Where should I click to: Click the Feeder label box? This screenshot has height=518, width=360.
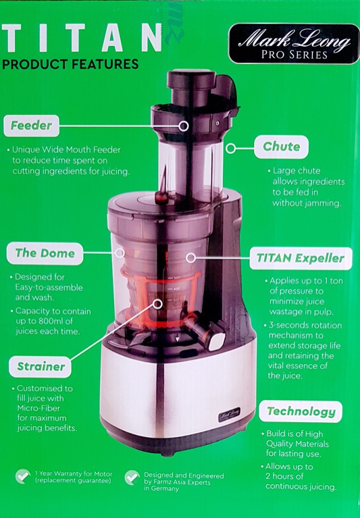[31, 126]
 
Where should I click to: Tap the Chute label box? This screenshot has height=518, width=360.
[281, 147]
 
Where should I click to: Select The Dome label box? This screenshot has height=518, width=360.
[45, 253]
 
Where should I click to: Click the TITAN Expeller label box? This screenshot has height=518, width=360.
[300, 259]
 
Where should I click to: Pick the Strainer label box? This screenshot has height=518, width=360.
[41, 367]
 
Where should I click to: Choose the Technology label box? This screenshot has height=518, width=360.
[301, 411]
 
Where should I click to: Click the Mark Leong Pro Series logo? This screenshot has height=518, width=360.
[294, 44]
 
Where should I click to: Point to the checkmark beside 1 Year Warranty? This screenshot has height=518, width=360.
[23, 476]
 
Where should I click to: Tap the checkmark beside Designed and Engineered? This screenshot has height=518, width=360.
[132, 477]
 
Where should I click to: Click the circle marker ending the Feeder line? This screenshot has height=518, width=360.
[183, 126]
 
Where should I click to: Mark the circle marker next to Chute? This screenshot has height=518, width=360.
[231, 149]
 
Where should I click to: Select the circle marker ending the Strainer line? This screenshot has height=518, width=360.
[158, 304]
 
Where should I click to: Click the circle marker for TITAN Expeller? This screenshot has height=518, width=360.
[190, 258]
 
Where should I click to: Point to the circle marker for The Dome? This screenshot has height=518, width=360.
[120, 253]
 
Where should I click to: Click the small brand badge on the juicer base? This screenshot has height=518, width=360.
[229, 414]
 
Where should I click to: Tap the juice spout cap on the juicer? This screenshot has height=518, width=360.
[216, 340]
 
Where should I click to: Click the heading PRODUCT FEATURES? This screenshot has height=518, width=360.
[70, 63]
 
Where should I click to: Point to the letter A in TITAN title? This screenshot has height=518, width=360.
[113, 38]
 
